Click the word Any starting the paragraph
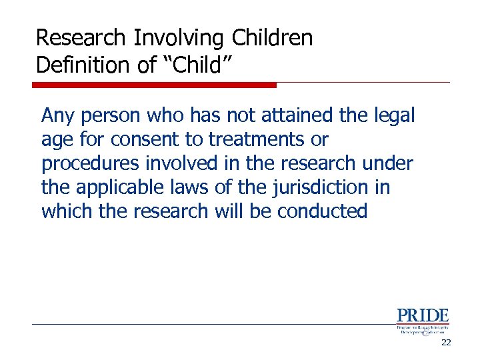pyautogui.click(x=58, y=116)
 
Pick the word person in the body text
pyautogui.click(x=111, y=116)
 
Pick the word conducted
pyautogui.click(x=323, y=212)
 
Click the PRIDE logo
pyautogui.click(x=423, y=321)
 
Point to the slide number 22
pyautogui.click(x=446, y=343)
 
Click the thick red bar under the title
pyautogui.click(x=154, y=85)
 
